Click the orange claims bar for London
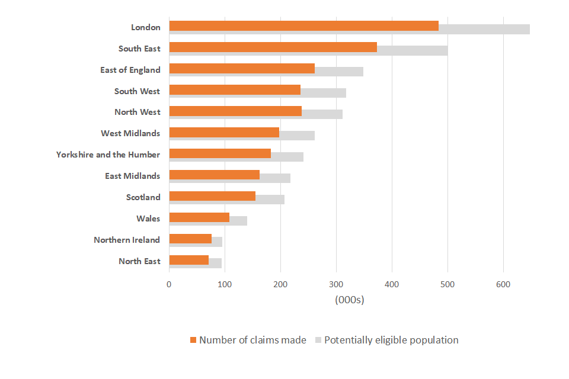[x=303, y=26]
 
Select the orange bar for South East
[x=273, y=47]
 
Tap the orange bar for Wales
[x=199, y=217]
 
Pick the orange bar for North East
[x=188, y=260]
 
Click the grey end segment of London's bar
[x=484, y=29]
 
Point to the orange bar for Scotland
[x=212, y=196]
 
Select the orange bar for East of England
[x=242, y=69]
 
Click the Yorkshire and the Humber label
[x=108, y=155]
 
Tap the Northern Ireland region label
[x=127, y=240]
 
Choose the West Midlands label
[x=130, y=133]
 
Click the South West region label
[x=137, y=91]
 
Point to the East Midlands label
[x=132, y=176]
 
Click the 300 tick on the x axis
[x=336, y=285]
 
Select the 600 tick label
[x=503, y=285]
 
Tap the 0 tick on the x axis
[x=169, y=285]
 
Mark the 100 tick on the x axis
[x=225, y=285]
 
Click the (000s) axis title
[x=349, y=300]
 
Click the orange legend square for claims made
[x=193, y=341]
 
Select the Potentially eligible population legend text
[x=391, y=340]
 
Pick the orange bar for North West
[x=235, y=111]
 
